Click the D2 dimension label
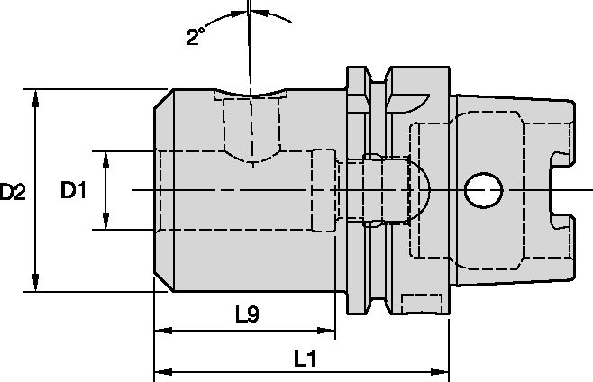tap(13, 191)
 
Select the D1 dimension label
tap(73, 190)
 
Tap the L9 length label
tap(247, 314)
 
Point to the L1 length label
tap(305, 359)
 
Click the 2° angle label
tap(196, 36)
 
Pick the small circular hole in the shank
tap(483, 190)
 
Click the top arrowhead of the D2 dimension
tap(35, 98)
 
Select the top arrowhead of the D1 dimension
tap(106, 160)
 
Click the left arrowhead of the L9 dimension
tap(163, 331)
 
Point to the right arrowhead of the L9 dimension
tap(326, 331)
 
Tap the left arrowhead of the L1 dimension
tap(163, 372)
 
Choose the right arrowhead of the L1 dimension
tap(440, 372)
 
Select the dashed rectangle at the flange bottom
tap(422, 304)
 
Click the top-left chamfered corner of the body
tap(163, 99)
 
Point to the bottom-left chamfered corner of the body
tap(163, 282)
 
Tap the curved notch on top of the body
tap(250, 93)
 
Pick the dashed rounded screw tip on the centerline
tap(421, 190)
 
